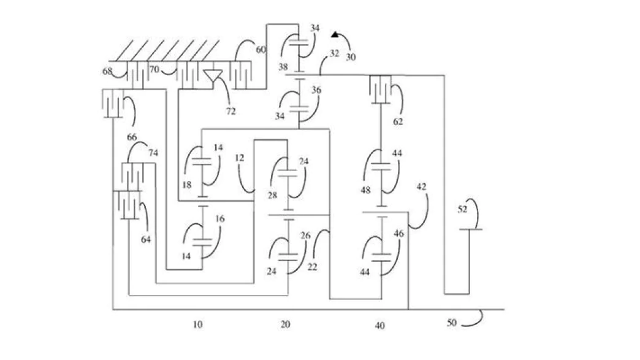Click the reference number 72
(x=231, y=111)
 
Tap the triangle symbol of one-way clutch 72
(x=213, y=75)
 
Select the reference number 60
(x=261, y=50)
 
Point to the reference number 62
(x=398, y=121)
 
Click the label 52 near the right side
(x=462, y=209)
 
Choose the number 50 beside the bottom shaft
(x=451, y=323)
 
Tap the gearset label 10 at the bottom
(x=197, y=324)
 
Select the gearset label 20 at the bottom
(x=285, y=324)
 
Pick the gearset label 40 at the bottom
(x=379, y=326)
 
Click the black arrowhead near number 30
(x=335, y=35)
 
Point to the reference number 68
(x=107, y=71)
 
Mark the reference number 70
(x=154, y=69)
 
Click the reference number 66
(x=132, y=137)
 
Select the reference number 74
(x=153, y=153)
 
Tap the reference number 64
(x=146, y=240)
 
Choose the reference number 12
(x=240, y=158)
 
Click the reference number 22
(x=312, y=267)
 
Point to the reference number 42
(x=421, y=186)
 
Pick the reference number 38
(x=283, y=66)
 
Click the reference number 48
(x=366, y=190)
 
